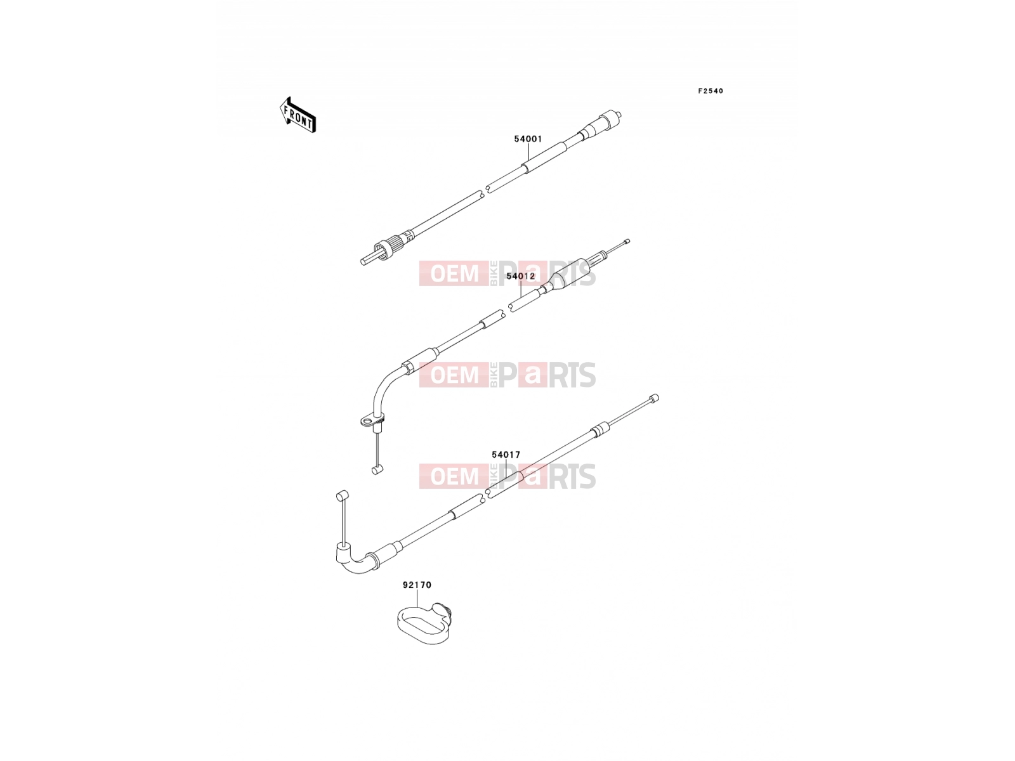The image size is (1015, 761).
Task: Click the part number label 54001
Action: click(x=528, y=139)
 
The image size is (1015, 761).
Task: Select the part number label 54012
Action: click(x=520, y=276)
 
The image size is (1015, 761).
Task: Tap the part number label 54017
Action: click(x=506, y=455)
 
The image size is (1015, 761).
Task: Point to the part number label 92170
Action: click(x=417, y=585)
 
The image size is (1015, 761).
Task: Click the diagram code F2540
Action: click(x=710, y=91)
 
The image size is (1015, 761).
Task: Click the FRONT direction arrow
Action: click(x=298, y=115)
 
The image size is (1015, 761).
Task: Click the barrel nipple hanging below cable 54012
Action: click(x=377, y=471)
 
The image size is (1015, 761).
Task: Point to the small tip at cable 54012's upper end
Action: click(x=627, y=241)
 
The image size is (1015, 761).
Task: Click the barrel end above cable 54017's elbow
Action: click(x=342, y=497)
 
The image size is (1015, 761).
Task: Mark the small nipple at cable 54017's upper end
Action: click(x=654, y=398)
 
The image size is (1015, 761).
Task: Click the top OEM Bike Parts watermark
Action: click(x=507, y=273)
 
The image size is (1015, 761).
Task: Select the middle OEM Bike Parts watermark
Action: click(x=507, y=375)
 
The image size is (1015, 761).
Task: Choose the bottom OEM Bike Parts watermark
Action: click(x=507, y=476)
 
